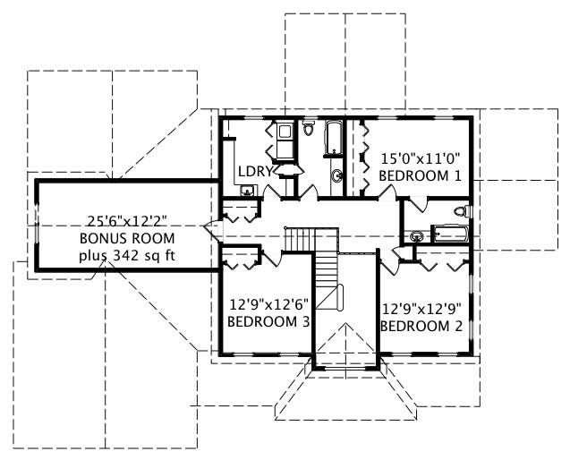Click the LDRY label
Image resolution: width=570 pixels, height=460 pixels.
coord(255,171)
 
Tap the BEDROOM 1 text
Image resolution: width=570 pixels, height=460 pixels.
coord(420,176)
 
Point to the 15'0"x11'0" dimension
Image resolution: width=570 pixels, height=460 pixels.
coord(420,158)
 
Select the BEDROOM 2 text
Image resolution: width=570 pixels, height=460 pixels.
coord(421,326)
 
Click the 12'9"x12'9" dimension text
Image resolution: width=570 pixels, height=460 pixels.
coord(421,309)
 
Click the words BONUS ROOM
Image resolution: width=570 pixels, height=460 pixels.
coord(127,239)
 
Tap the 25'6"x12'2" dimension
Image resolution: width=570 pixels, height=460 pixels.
coord(127,220)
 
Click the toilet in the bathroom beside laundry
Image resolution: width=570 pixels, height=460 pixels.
coord(309,129)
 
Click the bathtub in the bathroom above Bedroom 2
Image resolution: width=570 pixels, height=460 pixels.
coord(448,235)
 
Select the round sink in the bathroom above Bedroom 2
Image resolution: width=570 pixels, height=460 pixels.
coord(417,237)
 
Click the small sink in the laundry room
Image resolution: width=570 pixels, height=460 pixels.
coord(248,189)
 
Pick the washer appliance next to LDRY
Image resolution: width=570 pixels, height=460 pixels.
coord(285,133)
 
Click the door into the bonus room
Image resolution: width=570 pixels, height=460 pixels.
coord(211,229)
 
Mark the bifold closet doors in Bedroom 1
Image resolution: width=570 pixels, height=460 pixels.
coord(364,157)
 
